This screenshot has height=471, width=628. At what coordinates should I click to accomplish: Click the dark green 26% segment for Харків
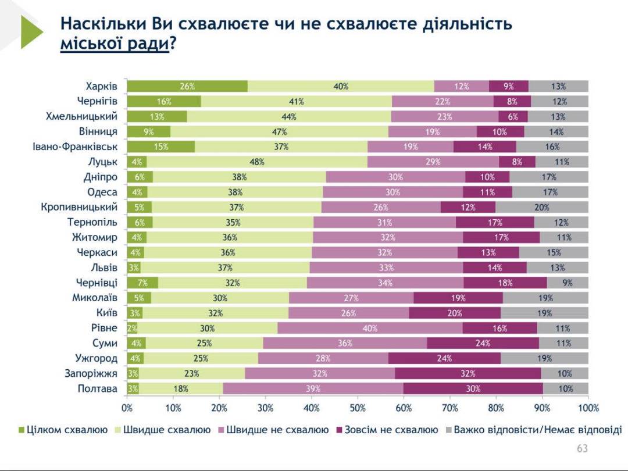pyautogui.click(x=187, y=87)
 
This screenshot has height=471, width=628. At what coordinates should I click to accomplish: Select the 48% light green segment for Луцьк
pyautogui.click(x=257, y=162)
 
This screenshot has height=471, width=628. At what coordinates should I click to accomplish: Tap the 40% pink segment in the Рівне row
pyautogui.click(x=370, y=328)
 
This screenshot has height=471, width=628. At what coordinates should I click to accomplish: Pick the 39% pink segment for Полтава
pyautogui.click(x=313, y=388)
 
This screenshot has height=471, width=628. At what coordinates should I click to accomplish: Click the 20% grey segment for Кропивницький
pyautogui.click(x=542, y=207)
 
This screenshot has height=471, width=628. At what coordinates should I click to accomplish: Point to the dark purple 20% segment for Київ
pyautogui.click(x=455, y=313)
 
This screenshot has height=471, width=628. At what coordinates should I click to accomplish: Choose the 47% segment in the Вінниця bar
pyautogui.click(x=280, y=132)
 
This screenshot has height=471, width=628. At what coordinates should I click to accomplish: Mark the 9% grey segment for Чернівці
pyautogui.click(x=568, y=283)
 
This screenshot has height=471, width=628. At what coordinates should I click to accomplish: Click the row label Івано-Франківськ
pyautogui.click(x=75, y=147)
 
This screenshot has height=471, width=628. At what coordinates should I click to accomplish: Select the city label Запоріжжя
pyautogui.click(x=91, y=373)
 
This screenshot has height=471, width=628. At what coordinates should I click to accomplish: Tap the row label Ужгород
pyautogui.click(x=96, y=358)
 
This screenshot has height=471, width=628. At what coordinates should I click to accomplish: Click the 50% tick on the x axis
pyautogui.click(x=358, y=408)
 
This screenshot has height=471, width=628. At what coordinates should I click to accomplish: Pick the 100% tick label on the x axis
pyautogui.click(x=588, y=408)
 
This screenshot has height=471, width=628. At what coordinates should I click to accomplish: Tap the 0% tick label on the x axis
pyautogui.click(x=127, y=408)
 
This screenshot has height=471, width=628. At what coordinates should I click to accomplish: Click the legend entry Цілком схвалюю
pyautogui.click(x=63, y=430)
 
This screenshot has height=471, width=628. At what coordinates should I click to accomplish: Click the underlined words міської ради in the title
pyautogui.click(x=114, y=44)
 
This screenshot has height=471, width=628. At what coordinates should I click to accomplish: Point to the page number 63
pyautogui.click(x=582, y=448)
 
